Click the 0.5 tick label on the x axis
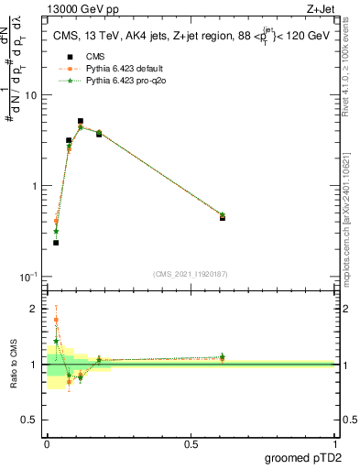[190, 444]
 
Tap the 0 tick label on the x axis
[47, 444]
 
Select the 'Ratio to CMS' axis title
[15, 365]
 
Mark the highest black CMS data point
[81, 121]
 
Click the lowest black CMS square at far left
[56, 243]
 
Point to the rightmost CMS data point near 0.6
[223, 218]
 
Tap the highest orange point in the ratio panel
[56, 320]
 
